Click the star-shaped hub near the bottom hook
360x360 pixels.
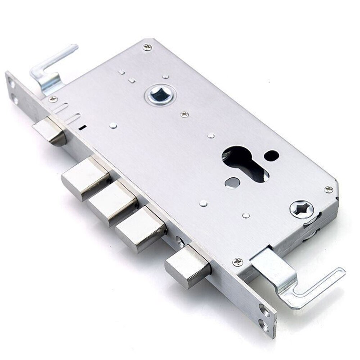pyautogui.click(x=301, y=209)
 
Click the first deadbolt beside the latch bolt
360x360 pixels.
pyautogui.click(x=85, y=179)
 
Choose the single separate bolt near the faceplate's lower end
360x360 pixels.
pyautogui.click(x=187, y=266)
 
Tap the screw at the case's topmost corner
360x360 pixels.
pyautogui.click(x=147, y=47)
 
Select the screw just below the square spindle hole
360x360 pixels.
pyautogui.click(x=184, y=114)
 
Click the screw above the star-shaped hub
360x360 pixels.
pyautogui.click(x=328, y=189)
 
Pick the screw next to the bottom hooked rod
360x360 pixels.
pyautogui.click(x=238, y=262)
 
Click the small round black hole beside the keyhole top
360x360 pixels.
pyautogui.click(x=271, y=155)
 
